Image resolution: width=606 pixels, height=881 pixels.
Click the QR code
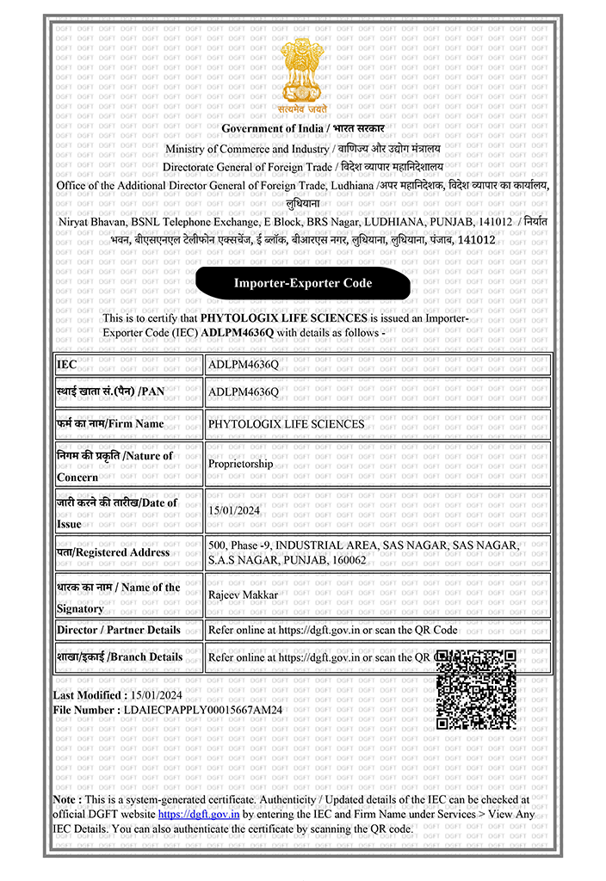click(x=476, y=689)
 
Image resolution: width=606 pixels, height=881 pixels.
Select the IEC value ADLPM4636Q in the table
click(x=244, y=365)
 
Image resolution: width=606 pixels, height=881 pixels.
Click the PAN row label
click(x=110, y=391)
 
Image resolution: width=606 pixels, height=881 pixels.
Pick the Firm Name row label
click(x=110, y=423)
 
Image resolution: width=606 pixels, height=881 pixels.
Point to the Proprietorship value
click(x=241, y=464)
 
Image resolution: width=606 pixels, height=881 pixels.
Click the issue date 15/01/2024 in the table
click(x=234, y=510)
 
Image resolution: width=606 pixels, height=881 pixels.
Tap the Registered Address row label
click(x=113, y=552)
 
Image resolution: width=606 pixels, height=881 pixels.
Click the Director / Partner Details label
click(x=119, y=630)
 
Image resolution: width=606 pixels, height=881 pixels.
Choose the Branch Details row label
click(x=120, y=657)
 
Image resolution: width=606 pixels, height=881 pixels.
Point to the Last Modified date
click(x=154, y=695)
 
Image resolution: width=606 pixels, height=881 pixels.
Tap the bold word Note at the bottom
click(x=67, y=799)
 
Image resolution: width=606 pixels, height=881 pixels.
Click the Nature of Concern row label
click(x=114, y=465)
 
